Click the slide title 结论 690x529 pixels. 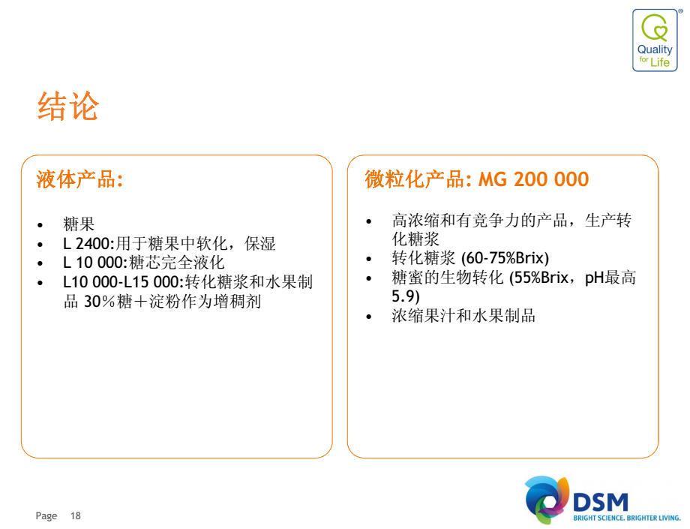(68, 106)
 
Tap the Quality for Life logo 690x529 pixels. (655, 40)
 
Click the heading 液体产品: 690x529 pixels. (79, 179)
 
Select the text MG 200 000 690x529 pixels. (534, 179)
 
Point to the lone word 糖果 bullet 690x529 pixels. (79, 224)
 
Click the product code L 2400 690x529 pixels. (88, 243)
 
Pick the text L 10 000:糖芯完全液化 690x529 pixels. (144, 263)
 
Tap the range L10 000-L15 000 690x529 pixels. (122, 281)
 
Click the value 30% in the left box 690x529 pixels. (99, 302)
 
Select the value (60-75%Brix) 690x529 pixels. (505, 258)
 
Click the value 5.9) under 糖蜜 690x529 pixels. (406, 296)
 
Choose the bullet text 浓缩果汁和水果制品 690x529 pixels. (463, 316)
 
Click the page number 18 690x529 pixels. (76, 515)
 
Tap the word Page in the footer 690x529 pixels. (46, 515)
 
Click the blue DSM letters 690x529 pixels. (601, 502)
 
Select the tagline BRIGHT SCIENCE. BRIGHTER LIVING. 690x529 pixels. (627, 518)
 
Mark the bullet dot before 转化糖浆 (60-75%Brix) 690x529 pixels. (369, 259)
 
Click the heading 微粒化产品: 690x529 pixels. (418, 179)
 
